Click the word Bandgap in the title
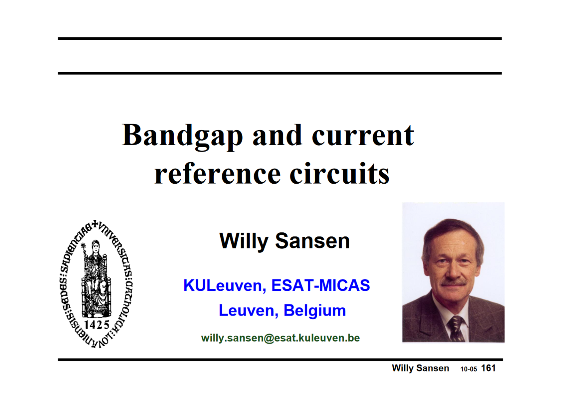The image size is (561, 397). click(182, 136)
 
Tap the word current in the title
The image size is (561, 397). click(363, 136)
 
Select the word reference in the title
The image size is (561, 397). click(218, 174)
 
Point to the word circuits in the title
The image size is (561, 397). click(339, 174)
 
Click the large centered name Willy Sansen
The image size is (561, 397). click(284, 241)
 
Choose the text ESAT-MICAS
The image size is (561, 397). click(320, 285)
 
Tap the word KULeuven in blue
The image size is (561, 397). click(224, 285)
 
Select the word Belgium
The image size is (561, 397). click(315, 311)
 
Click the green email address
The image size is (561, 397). click(280, 338)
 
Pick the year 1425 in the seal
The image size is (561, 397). click(97, 324)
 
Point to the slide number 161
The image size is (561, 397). click(488, 368)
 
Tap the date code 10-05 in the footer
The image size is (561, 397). click(469, 369)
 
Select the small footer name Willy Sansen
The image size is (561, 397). click(420, 368)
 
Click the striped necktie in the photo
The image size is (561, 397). click(456, 328)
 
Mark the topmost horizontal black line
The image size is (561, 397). click(280, 39)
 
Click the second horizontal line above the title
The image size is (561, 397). click(280, 73)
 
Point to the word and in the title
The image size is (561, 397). click(277, 136)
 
